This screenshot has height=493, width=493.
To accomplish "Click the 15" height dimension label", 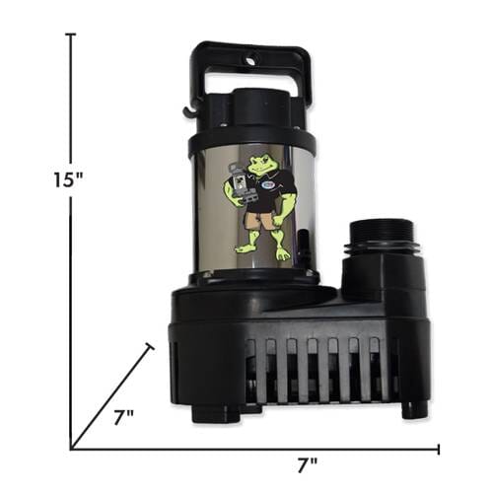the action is click(x=69, y=180).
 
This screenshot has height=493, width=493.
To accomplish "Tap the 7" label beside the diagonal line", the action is click(x=123, y=418).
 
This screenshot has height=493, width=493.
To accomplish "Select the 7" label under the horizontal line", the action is click(x=308, y=465).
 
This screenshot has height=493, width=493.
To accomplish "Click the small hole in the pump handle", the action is click(x=250, y=61).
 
